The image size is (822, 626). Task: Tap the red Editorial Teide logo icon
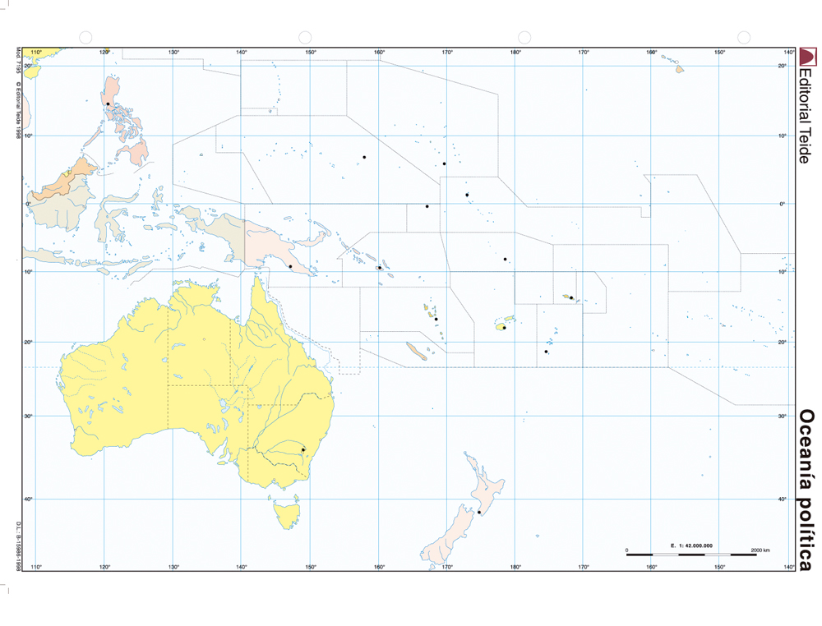(x=808, y=57)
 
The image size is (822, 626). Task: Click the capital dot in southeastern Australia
(x=303, y=449)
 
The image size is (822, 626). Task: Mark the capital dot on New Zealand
(x=479, y=512)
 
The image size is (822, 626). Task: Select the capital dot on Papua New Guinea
(x=291, y=266)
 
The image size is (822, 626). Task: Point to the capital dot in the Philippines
(x=108, y=104)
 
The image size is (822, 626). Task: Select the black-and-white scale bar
(x=691, y=555)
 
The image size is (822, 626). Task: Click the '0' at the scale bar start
(x=627, y=549)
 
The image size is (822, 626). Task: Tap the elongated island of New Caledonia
(x=417, y=352)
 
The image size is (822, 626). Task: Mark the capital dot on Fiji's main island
(x=503, y=327)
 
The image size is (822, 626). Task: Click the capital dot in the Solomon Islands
(x=379, y=268)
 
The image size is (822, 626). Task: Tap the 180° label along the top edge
(x=515, y=53)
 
